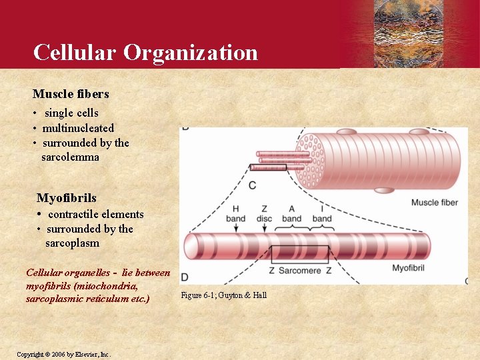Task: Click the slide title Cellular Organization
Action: coord(145,52)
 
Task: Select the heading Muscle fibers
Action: coord(71,94)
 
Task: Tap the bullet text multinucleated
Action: coord(78,128)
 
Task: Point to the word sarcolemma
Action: coord(70,157)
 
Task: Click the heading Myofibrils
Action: coord(66,198)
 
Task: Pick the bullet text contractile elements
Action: coord(95,214)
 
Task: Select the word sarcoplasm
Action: coord(72,243)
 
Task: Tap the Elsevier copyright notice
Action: coord(63,354)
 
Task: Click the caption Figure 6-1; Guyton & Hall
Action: coord(224,295)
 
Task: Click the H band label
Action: coord(235,213)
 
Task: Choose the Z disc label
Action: coord(265,213)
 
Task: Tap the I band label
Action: coord(321,213)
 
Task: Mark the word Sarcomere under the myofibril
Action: coord(300,271)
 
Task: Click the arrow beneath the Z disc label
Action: coord(265,228)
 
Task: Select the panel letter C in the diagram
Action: coord(252,185)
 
